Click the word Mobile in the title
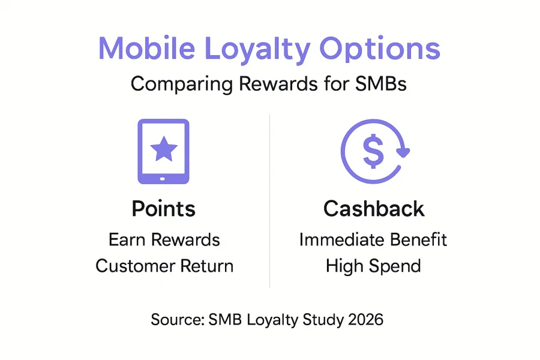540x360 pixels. click(x=147, y=48)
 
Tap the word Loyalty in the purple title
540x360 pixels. click(x=257, y=50)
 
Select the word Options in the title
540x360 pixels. click(x=380, y=50)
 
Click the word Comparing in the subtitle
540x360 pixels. click(x=182, y=85)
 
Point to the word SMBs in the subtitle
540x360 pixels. click(x=381, y=84)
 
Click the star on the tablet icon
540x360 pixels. click(x=164, y=149)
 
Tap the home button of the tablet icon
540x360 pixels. click(x=163, y=179)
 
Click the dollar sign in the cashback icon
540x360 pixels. click(x=373, y=151)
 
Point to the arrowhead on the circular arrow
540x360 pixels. click(x=403, y=152)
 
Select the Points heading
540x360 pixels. click(x=164, y=209)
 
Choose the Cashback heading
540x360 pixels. click(x=374, y=209)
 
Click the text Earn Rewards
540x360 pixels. click(x=164, y=240)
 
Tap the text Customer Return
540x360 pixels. click(x=164, y=266)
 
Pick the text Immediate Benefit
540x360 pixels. click(x=373, y=240)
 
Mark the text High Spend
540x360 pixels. click(x=373, y=266)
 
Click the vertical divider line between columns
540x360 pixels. click(x=269, y=201)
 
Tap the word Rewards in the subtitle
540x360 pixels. click(x=278, y=84)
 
